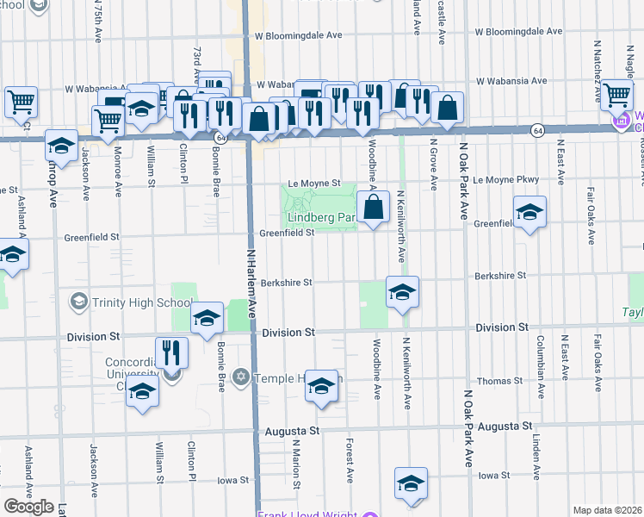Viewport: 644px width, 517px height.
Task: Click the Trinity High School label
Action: pyautogui.click(x=142, y=302)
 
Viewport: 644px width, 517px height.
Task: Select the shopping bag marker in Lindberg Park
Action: pyautogui.click(x=373, y=208)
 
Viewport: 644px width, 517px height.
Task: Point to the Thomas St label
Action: pyautogui.click(x=500, y=380)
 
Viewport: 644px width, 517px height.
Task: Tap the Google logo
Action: pyautogui.click(x=28, y=507)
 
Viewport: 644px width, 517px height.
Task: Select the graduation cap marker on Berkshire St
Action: pyautogui.click(x=401, y=293)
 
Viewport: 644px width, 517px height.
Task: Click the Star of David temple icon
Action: pyautogui.click(x=241, y=377)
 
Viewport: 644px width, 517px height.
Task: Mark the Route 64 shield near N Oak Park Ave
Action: pyautogui.click(x=536, y=130)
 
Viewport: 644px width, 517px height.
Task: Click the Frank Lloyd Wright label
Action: pyautogui.click(x=307, y=514)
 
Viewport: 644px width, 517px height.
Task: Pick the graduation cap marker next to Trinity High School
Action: pyautogui.click(x=207, y=320)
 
